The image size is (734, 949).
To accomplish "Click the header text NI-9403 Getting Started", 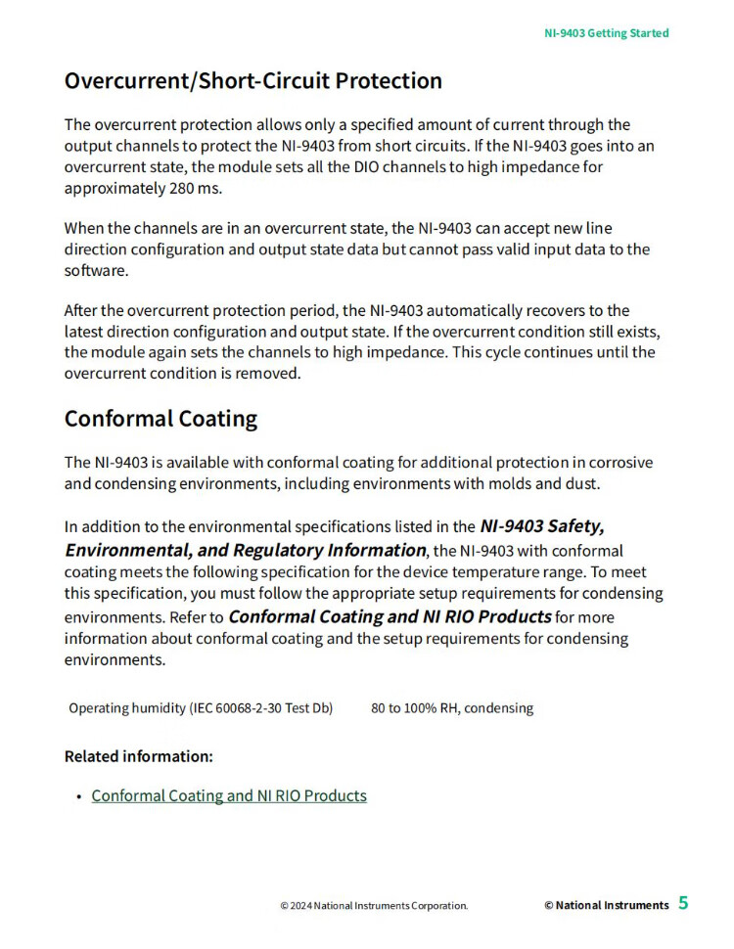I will coord(606,33).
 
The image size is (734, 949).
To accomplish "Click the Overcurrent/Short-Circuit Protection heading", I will coord(252,81).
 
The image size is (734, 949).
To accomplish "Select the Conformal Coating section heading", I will coord(161,419).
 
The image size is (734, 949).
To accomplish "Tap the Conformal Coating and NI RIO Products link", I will coord(229,795).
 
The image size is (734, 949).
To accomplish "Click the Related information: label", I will coord(138,756).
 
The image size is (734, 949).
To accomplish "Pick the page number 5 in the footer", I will coord(683,903).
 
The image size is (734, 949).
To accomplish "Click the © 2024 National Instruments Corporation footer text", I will coord(374,906).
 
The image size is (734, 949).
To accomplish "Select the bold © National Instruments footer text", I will coord(607,905).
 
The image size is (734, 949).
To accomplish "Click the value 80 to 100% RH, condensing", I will coord(452,707).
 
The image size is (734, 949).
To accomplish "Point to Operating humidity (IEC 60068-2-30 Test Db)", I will coord(201,707).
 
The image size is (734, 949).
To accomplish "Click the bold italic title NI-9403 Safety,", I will coord(541,526).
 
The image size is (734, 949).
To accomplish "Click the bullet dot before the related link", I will coord(78,796).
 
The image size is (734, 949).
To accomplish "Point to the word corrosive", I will coord(619,462).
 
